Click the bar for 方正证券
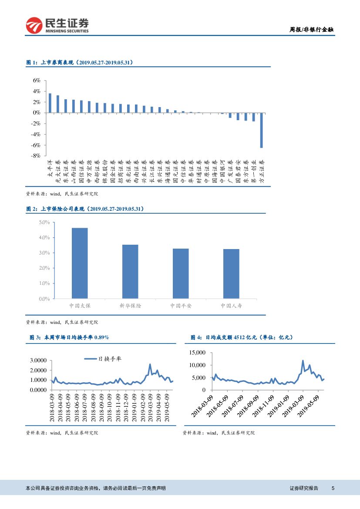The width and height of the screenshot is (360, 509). click(261, 130)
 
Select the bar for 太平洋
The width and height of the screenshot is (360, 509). click(50, 103)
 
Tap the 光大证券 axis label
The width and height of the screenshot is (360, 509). click(58, 169)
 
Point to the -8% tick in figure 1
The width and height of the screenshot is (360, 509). click(36, 155)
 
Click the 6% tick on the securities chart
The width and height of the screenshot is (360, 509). click(37, 81)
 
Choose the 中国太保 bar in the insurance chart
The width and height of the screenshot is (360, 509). click(80, 263)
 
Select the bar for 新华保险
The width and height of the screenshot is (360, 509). click(130, 272)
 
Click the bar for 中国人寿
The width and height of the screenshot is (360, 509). click(231, 274)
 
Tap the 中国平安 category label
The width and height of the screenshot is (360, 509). click(181, 306)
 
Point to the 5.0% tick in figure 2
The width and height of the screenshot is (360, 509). click(44, 222)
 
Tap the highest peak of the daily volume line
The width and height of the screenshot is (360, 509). click(303, 361)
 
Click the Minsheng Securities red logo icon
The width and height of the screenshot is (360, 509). click(34, 26)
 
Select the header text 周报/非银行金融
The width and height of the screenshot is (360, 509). click(312, 30)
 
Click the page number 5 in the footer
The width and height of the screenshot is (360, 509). click(333, 489)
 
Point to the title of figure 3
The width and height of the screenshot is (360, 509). click(69, 337)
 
